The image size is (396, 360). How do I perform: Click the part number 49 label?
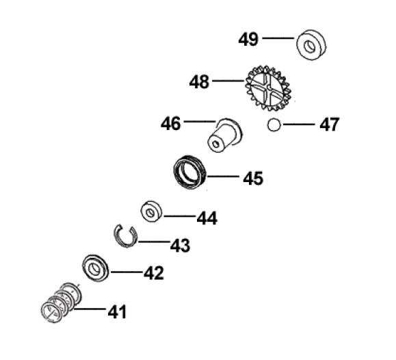click(248, 39)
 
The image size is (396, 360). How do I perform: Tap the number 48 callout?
click(199, 81)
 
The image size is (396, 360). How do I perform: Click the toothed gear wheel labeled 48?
click(269, 88)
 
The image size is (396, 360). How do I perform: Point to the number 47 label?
click(330, 125)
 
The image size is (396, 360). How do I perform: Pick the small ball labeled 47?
click(274, 125)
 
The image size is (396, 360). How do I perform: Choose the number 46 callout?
click(171, 123)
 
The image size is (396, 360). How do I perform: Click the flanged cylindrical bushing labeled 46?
click(224, 136)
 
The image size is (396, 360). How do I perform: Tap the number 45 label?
click(253, 178)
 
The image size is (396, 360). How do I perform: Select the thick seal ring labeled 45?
click(189, 172)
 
